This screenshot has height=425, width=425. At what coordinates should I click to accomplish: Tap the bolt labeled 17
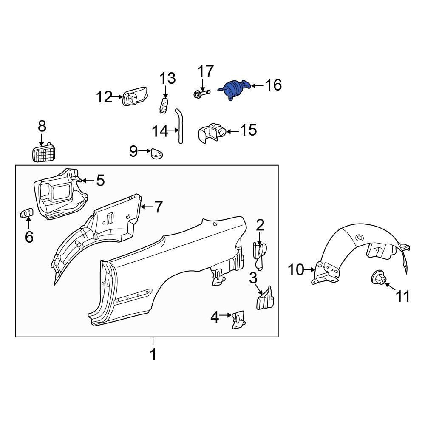click(201, 93)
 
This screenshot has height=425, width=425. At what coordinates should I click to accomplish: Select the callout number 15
click(249, 130)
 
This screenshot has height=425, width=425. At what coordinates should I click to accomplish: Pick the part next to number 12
click(134, 97)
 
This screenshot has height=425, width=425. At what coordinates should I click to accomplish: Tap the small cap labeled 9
click(156, 153)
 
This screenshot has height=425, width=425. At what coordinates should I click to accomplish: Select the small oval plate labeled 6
click(26, 212)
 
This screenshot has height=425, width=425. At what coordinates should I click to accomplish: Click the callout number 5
click(100, 180)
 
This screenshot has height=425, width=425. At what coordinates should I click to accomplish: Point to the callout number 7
click(158, 207)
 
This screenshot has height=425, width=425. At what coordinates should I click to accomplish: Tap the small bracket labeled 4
click(237, 319)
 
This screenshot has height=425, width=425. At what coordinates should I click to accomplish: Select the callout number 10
click(296, 269)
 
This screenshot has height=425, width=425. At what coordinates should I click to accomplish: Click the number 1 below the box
click(153, 354)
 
